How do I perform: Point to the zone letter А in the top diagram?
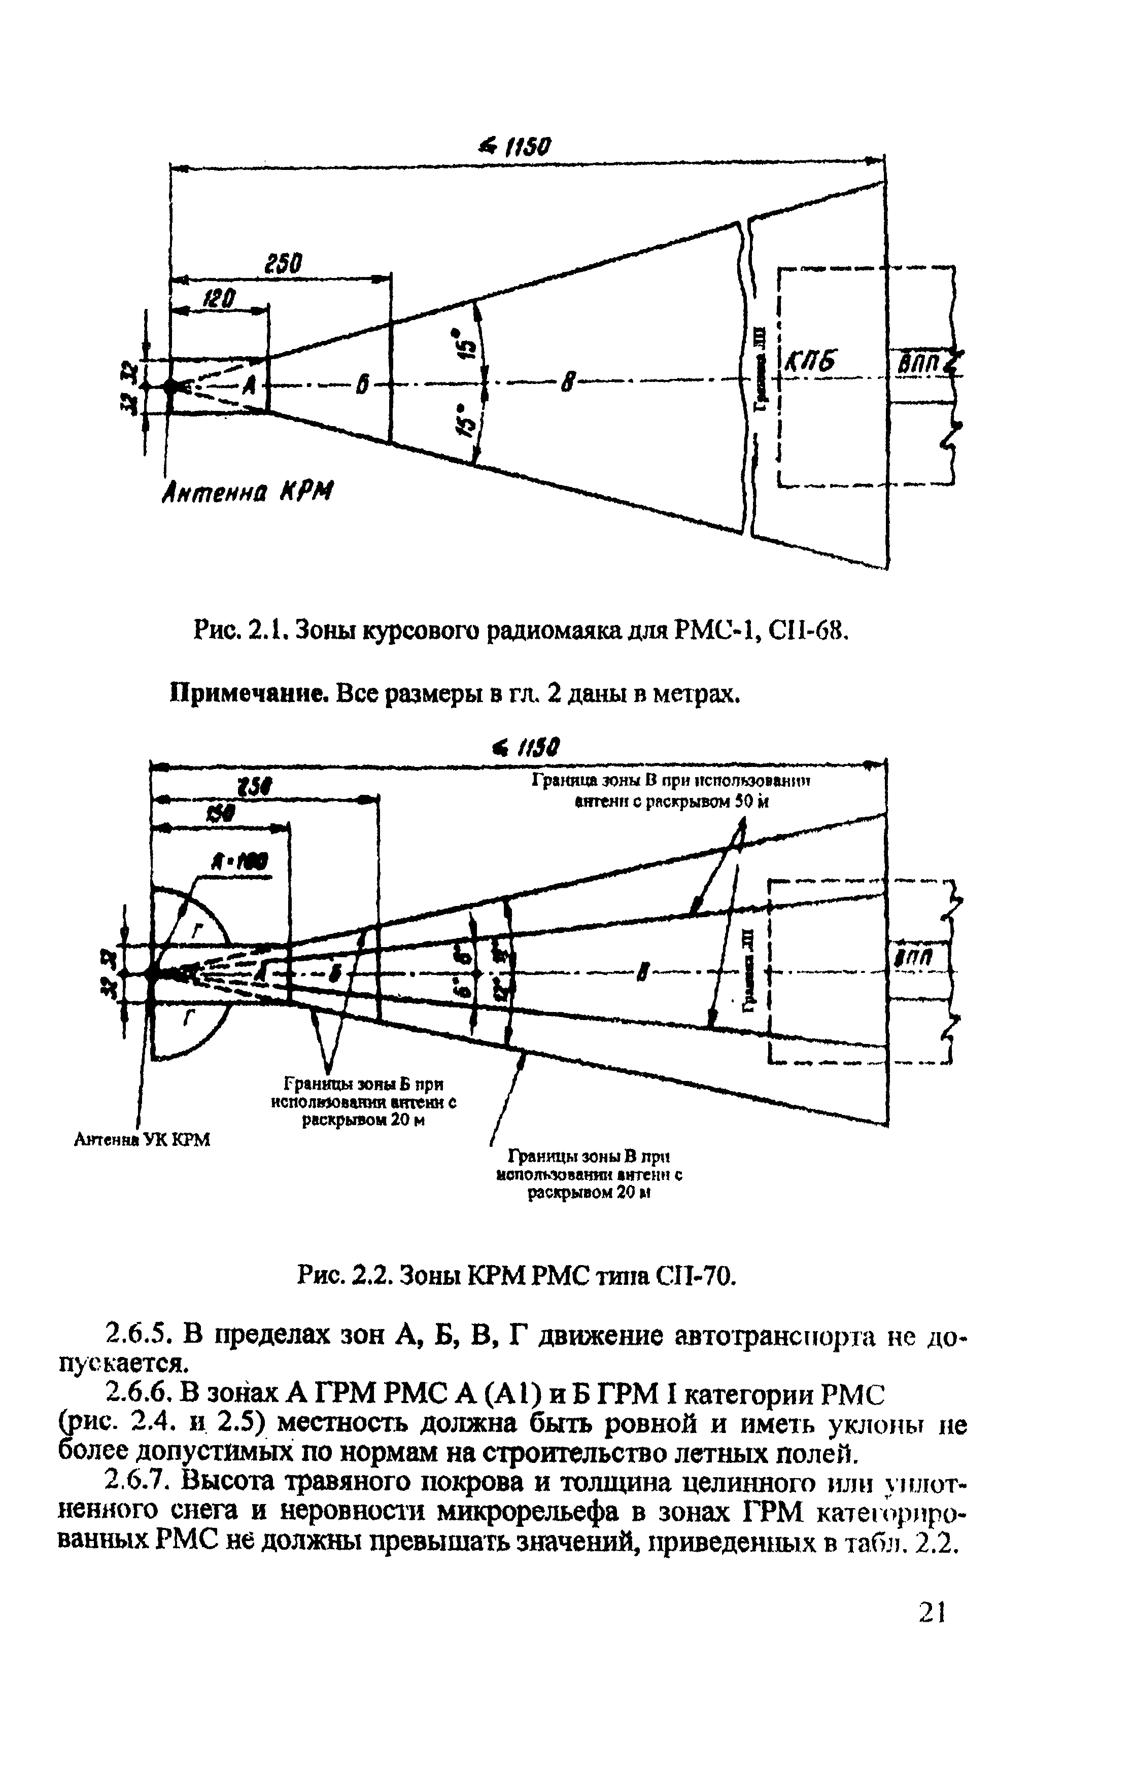[x=249, y=385]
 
